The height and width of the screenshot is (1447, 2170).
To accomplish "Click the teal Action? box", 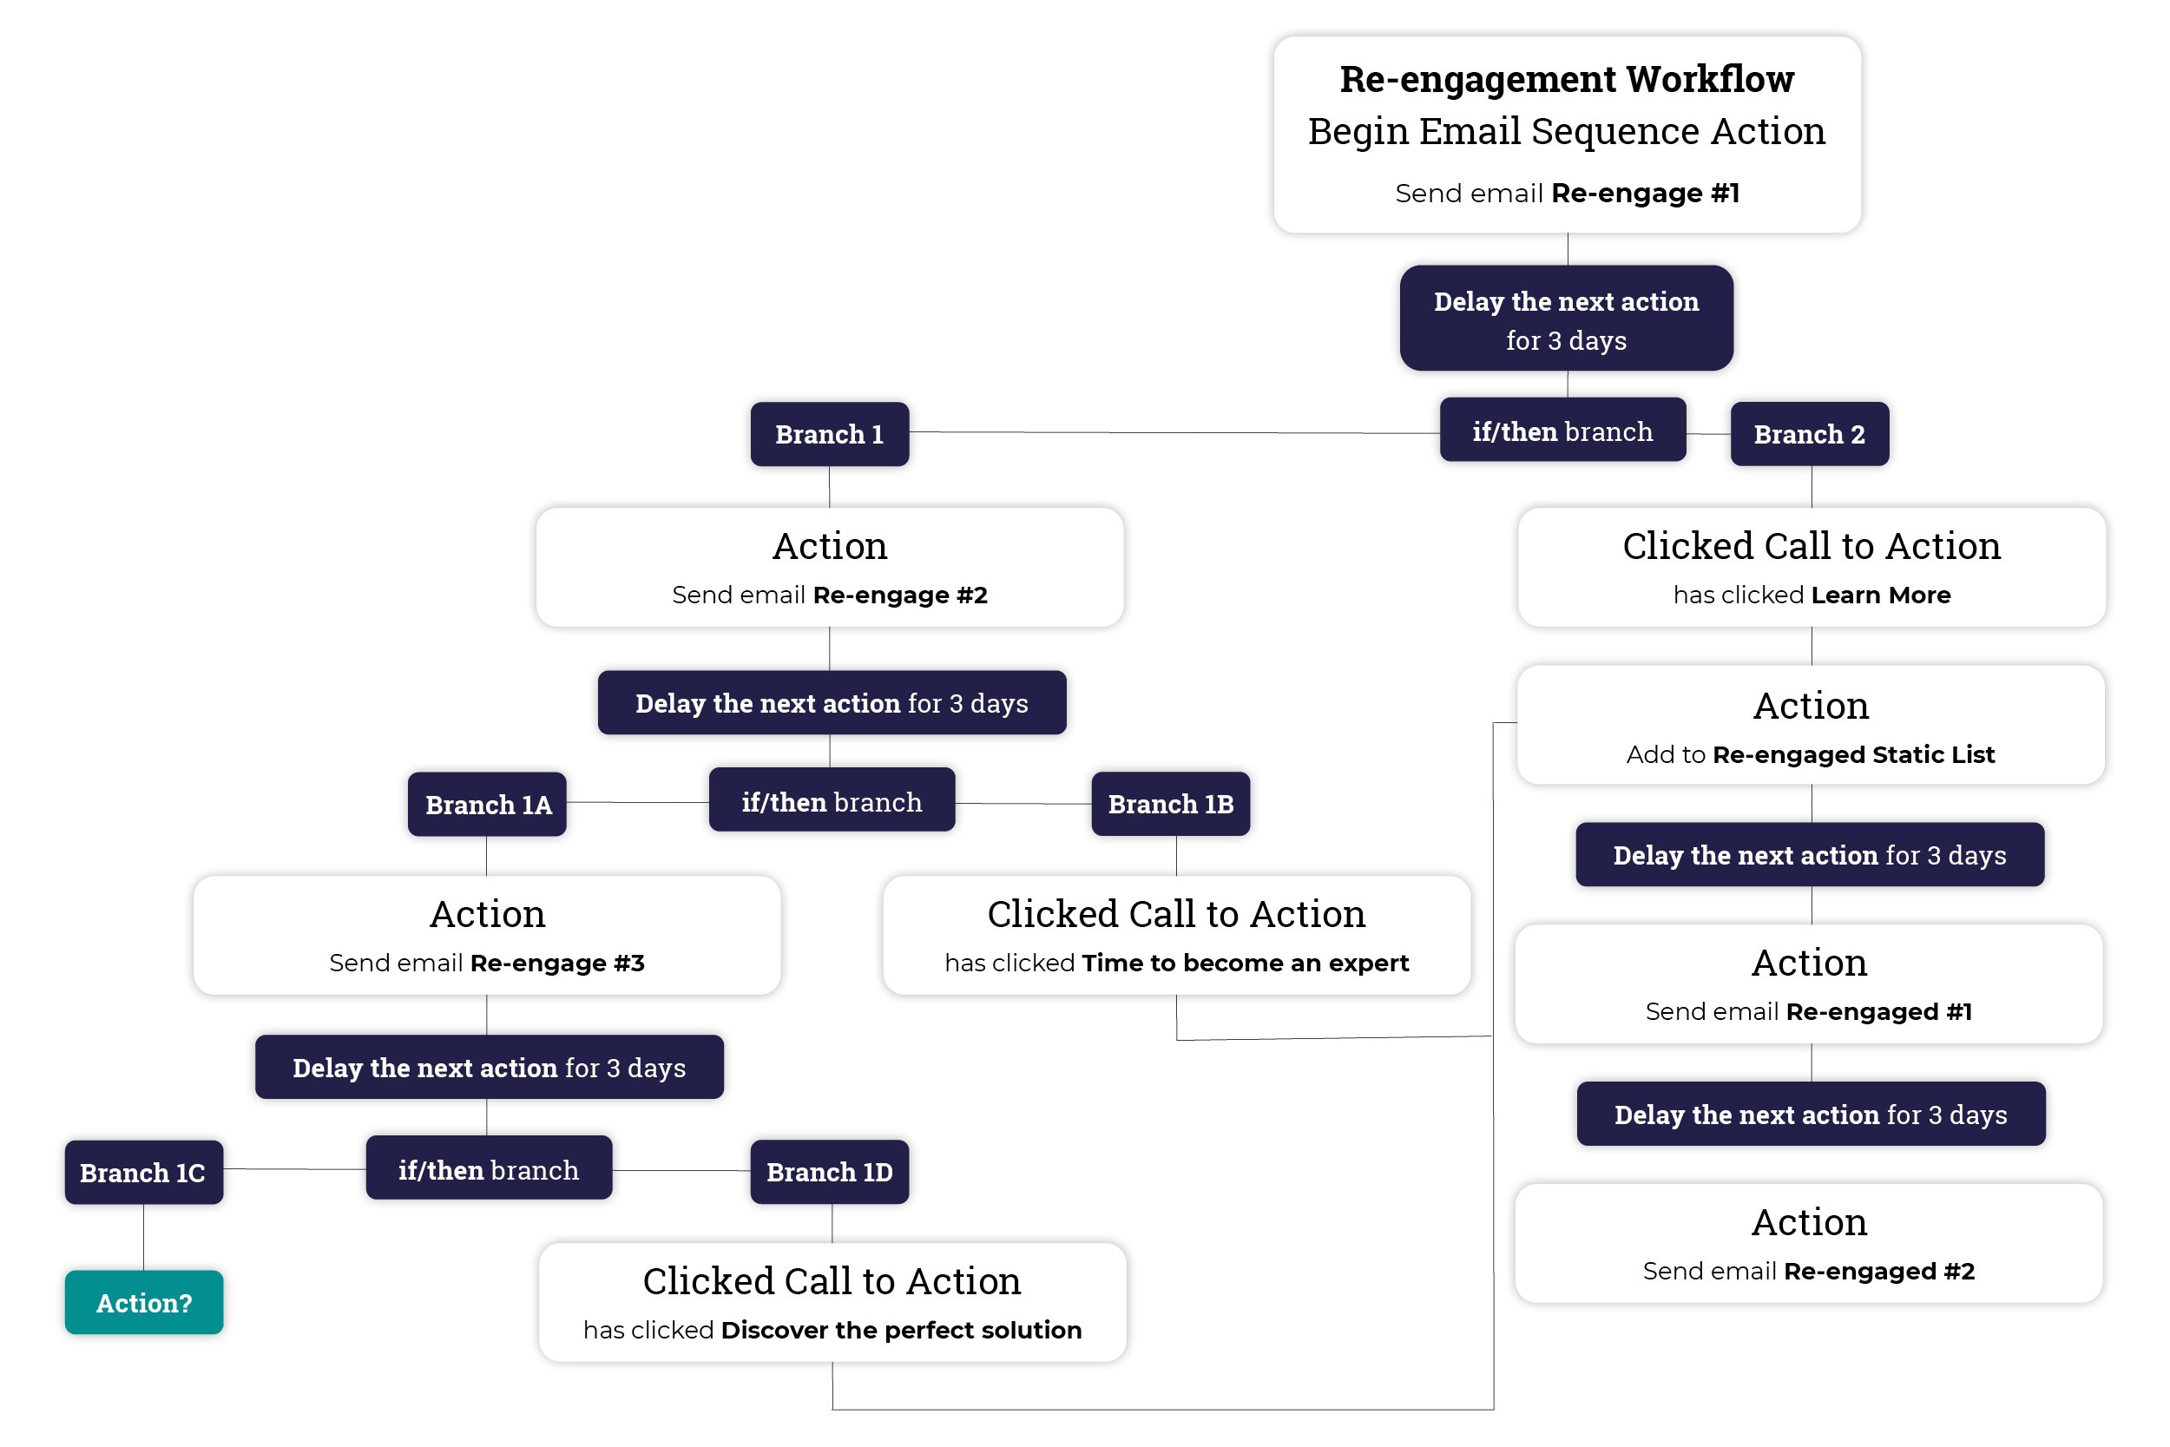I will click(x=144, y=1302).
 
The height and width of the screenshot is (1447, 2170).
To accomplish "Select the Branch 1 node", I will click(x=830, y=434).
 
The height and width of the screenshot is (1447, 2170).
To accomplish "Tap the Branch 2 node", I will click(x=1809, y=434).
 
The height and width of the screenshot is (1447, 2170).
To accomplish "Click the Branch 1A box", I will click(x=487, y=804).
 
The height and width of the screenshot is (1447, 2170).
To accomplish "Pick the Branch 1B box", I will click(x=1170, y=804).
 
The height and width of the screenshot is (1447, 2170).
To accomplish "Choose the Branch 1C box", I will click(x=143, y=1172).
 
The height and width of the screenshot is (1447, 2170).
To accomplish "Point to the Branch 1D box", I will click(x=830, y=1172).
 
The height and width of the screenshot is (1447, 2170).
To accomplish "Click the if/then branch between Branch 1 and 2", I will click(x=1562, y=430).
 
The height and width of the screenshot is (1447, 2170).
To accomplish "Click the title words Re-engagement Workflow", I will click(x=1567, y=79).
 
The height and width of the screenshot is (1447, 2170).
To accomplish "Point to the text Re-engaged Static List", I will click(x=1852, y=755).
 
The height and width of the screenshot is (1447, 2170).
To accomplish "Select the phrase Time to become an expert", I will click(x=1245, y=964).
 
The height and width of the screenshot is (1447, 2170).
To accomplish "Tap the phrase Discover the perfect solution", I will click(x=900, y=1330).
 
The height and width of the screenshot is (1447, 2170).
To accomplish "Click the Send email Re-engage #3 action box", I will click(x=487, y=935).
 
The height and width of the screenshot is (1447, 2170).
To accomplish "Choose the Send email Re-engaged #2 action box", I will click(x=1808, y=1243).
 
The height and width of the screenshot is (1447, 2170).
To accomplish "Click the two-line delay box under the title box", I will click(x=1566, y=319).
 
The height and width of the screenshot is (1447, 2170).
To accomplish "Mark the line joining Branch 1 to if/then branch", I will click(x=1172, y=432).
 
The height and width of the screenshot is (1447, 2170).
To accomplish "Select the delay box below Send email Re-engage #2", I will click(x=832, y=702).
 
